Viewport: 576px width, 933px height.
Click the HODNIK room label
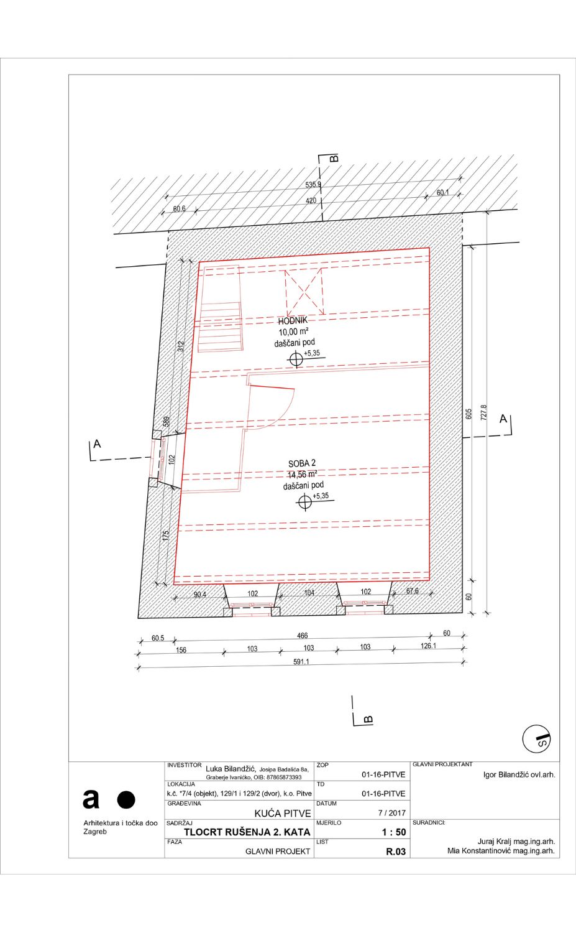coord(293,321)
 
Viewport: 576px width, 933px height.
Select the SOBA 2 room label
coord(302,463)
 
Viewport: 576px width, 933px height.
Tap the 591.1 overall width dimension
coord(301,662)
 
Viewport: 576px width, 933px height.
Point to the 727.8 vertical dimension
coord(483,412)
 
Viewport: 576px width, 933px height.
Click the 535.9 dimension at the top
coord(313,185)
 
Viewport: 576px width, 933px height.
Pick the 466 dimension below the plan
coord(302,636)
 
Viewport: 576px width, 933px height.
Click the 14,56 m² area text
coord(302,475)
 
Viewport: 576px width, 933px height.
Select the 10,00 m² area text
coord(293,332)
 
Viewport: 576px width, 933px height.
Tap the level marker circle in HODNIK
coord(296,359)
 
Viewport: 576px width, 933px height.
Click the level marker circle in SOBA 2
coord(305,502)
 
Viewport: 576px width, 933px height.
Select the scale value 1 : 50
coord(394,832)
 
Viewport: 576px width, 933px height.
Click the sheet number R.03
coord(395,852)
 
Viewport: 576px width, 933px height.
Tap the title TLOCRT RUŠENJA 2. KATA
coord(247,832)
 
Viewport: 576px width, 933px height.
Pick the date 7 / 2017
coord(391,812)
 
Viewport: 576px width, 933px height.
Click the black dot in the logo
coord(126,800)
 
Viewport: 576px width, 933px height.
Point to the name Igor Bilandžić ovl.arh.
coord(519,775)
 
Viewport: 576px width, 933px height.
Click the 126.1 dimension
coord(428,646)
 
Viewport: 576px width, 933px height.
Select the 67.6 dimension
coord(412,591)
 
